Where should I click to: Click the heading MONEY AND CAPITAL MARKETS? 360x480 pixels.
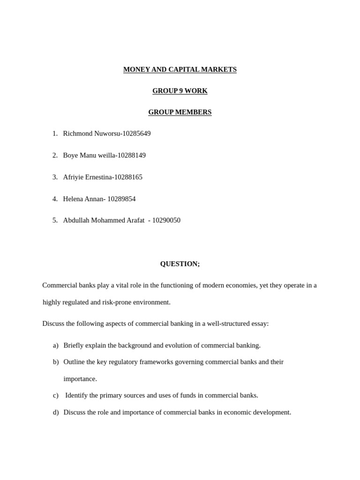180,69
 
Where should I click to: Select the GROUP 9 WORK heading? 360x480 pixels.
180,91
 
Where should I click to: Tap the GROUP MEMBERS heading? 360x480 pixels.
180,112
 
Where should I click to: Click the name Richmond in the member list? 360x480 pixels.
78,134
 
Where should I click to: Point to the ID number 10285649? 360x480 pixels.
136,134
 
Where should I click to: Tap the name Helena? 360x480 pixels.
74,199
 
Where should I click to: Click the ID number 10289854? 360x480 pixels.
121,199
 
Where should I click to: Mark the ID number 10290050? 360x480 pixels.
166,220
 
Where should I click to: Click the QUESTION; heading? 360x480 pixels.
180,264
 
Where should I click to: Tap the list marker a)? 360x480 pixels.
56,345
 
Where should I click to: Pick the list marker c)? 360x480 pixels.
56,395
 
